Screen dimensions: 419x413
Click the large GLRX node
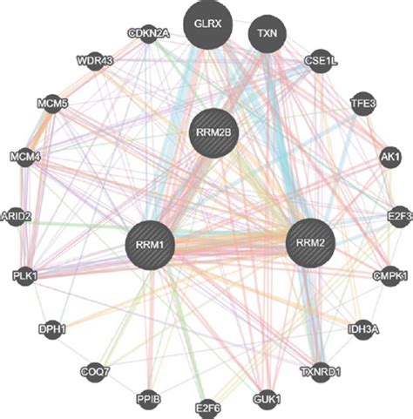coord(209,25)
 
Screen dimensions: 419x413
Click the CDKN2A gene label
coord(149,34)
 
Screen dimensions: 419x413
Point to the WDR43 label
coord(94,63)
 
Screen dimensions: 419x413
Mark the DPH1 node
coord(52,328)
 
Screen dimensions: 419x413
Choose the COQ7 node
coord(95,373)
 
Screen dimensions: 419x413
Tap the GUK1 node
coord(265,400)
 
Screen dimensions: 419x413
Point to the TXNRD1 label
coord(319,372)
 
